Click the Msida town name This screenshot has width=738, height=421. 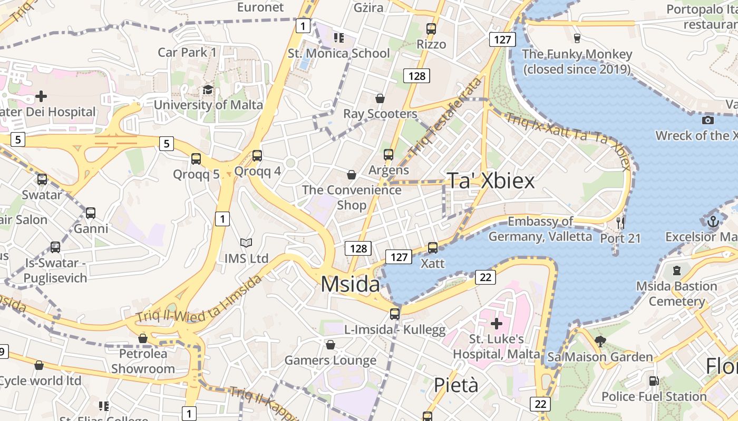pyautogui.click(x=350, y=284)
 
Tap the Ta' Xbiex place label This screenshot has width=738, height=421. pyautogui.click(x=491, y=181)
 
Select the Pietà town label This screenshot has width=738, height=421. pyautogui.click(x=456, y=385)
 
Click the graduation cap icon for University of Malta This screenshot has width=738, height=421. pyautogui.click(x=208, y=89)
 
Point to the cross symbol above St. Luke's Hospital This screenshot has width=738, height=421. pyautogui.click(x=496, y=323)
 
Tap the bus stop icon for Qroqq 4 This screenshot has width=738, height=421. pyautogui.click(x=257, y=155)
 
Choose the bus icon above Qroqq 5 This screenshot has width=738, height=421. pyautogui.click(x=196, y=158)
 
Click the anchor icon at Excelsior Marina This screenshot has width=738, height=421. pyautogui.click(x=713, y=222)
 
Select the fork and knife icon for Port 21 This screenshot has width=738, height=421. pyautogui.click(x=620, y=223)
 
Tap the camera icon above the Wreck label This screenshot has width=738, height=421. pyautogui.click(x=708, y=120)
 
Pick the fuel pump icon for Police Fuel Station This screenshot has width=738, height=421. pyautogui.click(x=654, y=381)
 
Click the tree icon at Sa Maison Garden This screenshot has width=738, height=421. pyautogui.click(x=600, y=341)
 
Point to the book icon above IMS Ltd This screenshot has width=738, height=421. pyautogui.click(x=246, y=243)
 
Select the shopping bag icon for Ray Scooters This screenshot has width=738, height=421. pyautogui.click(x=380, y=98)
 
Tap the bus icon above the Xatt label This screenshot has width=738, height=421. pyautogui.click(x=433, y=247)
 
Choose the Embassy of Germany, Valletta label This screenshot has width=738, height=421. pyautogui.click(x=540, y=229)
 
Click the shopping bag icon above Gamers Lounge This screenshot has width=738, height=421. pyautogui.click(x=331, y=345)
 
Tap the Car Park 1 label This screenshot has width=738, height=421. pyautogui.click(x=187, y=52)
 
